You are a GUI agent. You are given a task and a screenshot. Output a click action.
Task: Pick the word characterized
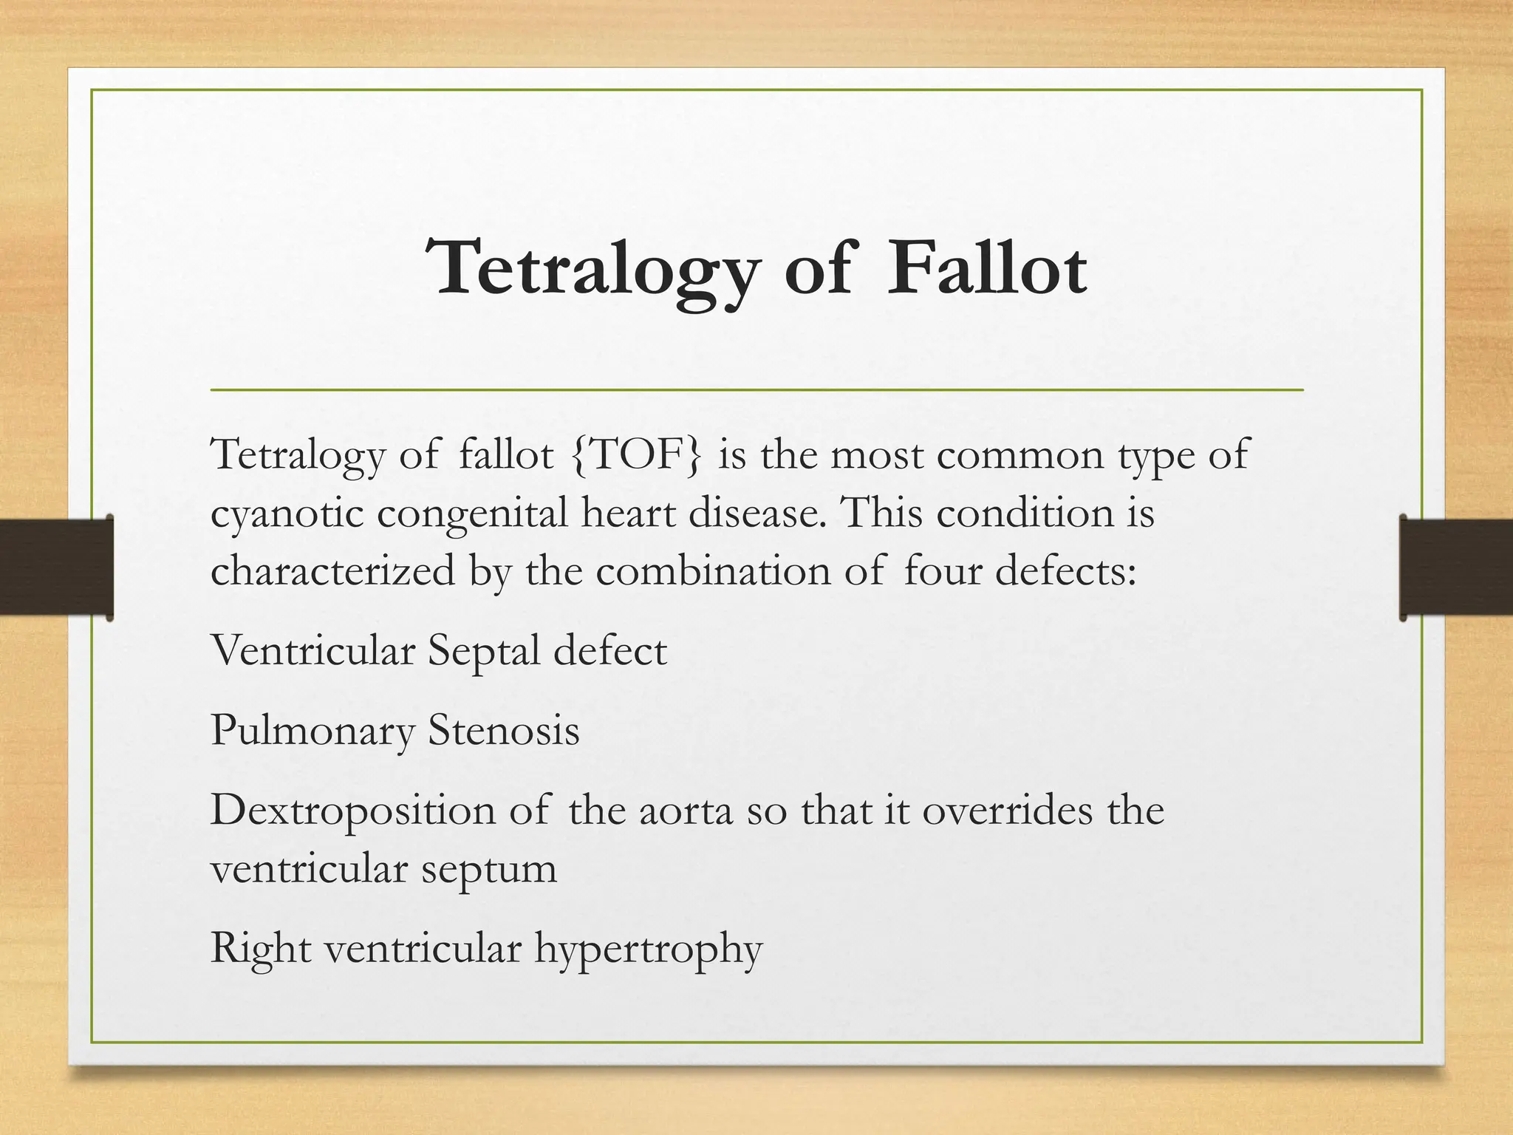pyautogui.click(x=332, y=571)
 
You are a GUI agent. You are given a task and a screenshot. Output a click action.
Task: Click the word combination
pyautogui.click(x=713, y=571)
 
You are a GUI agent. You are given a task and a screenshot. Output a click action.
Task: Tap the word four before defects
pyautogui.click(x=941, y=571)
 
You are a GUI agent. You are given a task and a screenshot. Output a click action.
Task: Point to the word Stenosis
pyautogui.click(x=504, y=731)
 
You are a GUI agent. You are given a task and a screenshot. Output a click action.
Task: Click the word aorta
pyautogui.click(x=685, y=811)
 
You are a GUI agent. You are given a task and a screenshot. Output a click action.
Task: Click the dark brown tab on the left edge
pyautogui.click(x=56, y=567)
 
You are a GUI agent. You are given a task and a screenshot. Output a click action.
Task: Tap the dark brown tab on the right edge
pyautogui.click(x=1456, y=567)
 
